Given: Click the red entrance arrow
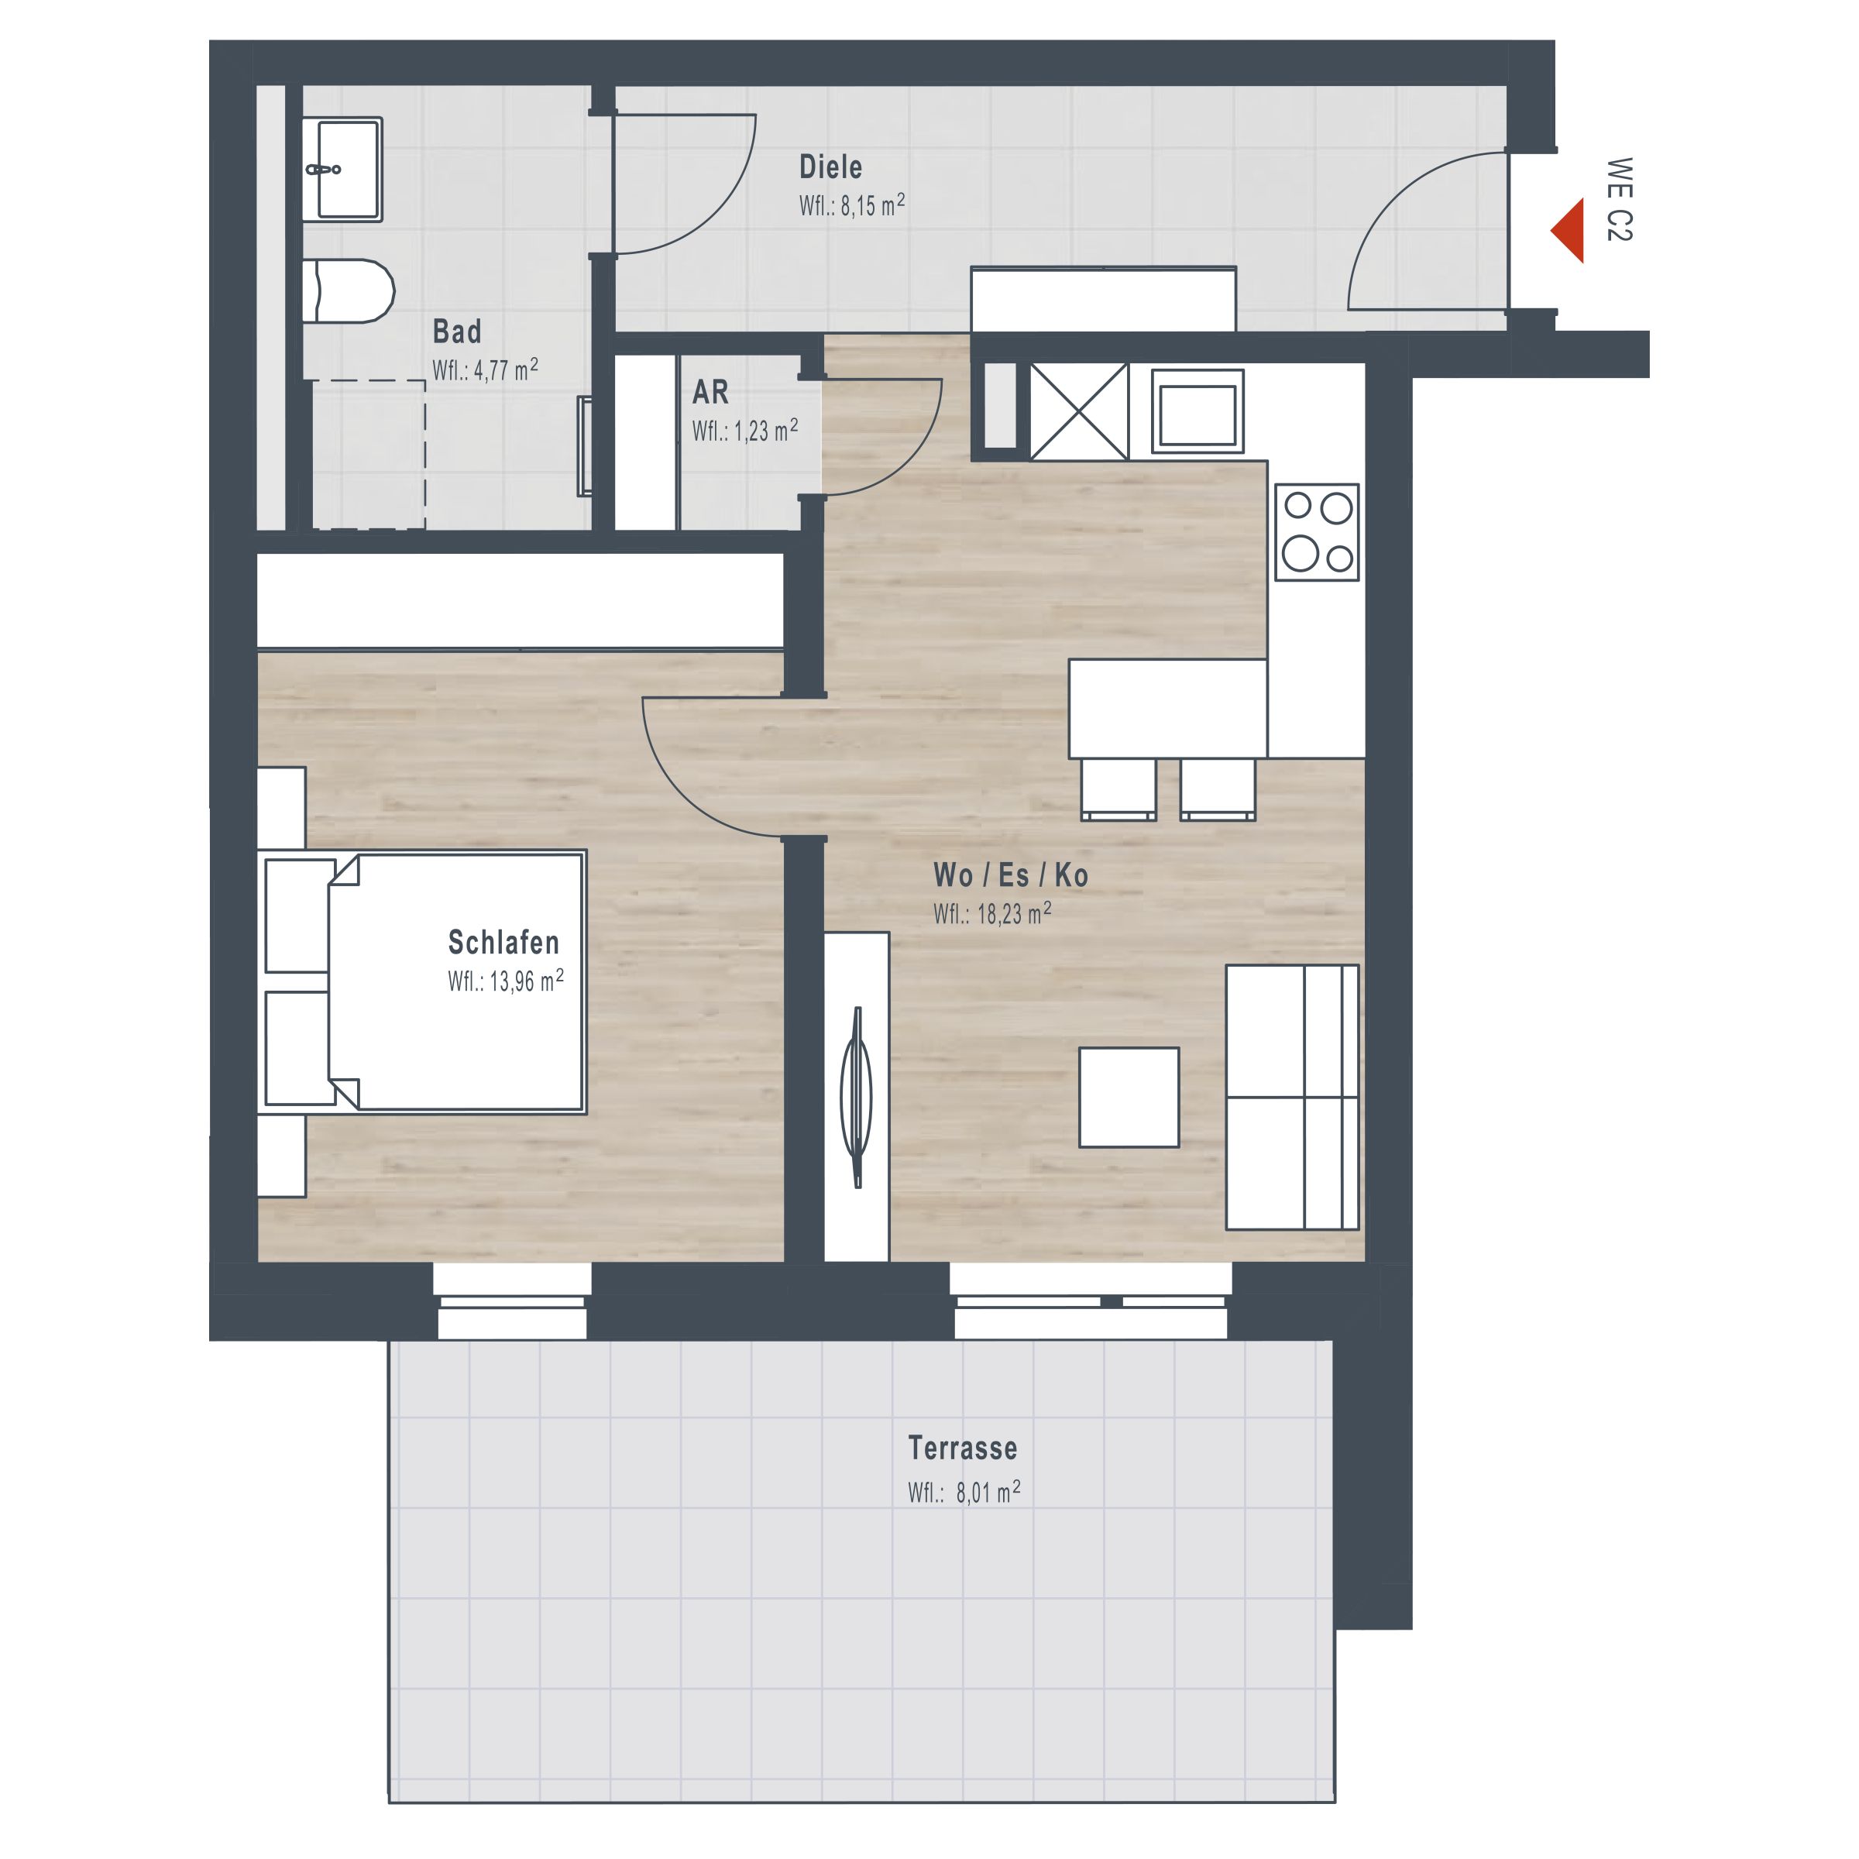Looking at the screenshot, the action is pyautogui.click(x=1569, y=231).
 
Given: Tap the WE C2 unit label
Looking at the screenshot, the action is pyautogui.click(x=1620, y=199).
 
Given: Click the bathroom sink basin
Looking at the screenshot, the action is pyautogui.click(x=342, y=170).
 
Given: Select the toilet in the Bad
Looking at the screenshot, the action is pyautogui.click(x=349, y=290).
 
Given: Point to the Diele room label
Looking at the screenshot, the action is pyautogui.click(x=830, y=167).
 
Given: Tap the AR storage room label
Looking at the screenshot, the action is pyautogui.click(x=710, y=393).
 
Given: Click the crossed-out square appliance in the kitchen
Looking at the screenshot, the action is pyautogui.click(x=1079, y=412).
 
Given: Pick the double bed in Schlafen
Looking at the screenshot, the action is pyautogui.click(x=424, y=981).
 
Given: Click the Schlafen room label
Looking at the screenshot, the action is pyautogui.click(x=503, y=942).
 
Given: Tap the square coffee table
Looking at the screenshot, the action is pyautogui.click(x=1129, y=1098).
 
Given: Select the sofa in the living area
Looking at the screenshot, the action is pyautogui.click(x=1292, y=1098).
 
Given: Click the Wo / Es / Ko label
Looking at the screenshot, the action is pyautogui.click(x=1010, y=875).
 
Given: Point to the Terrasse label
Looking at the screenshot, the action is pyautogui.click(x=962, y=1448).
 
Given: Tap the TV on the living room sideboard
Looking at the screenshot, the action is pyautogui.click(x=857, y=1098).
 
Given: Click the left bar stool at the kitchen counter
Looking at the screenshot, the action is pyautogui.click(x=1118, y=789).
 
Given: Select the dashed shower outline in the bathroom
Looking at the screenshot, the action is pyautogui.click(x=369, y=454).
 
